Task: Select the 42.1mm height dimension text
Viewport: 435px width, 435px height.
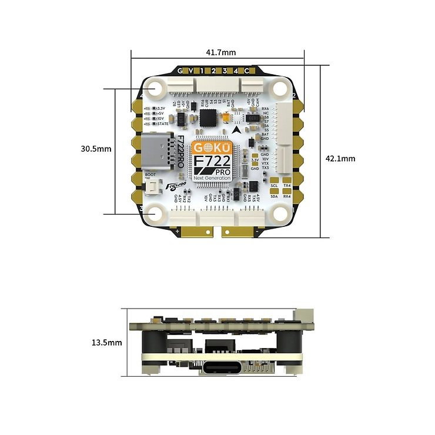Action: click(x=340, y=158)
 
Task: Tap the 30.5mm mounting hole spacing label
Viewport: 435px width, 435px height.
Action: click(x=96, y=149)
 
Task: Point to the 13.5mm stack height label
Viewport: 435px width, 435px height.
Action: click(x=106, y=342)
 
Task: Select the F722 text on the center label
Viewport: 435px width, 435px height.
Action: click(x=212, y=160)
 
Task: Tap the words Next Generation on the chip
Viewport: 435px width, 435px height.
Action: click(x=213, y=178)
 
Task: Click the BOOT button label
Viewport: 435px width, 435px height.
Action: click(x=150, y=175)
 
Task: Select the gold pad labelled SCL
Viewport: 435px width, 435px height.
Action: click(x=274, y=185)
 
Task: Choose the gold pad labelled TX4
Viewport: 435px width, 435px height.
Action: click(x=287, y=185)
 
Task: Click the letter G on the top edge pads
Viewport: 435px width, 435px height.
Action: click(x=181, y=71)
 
